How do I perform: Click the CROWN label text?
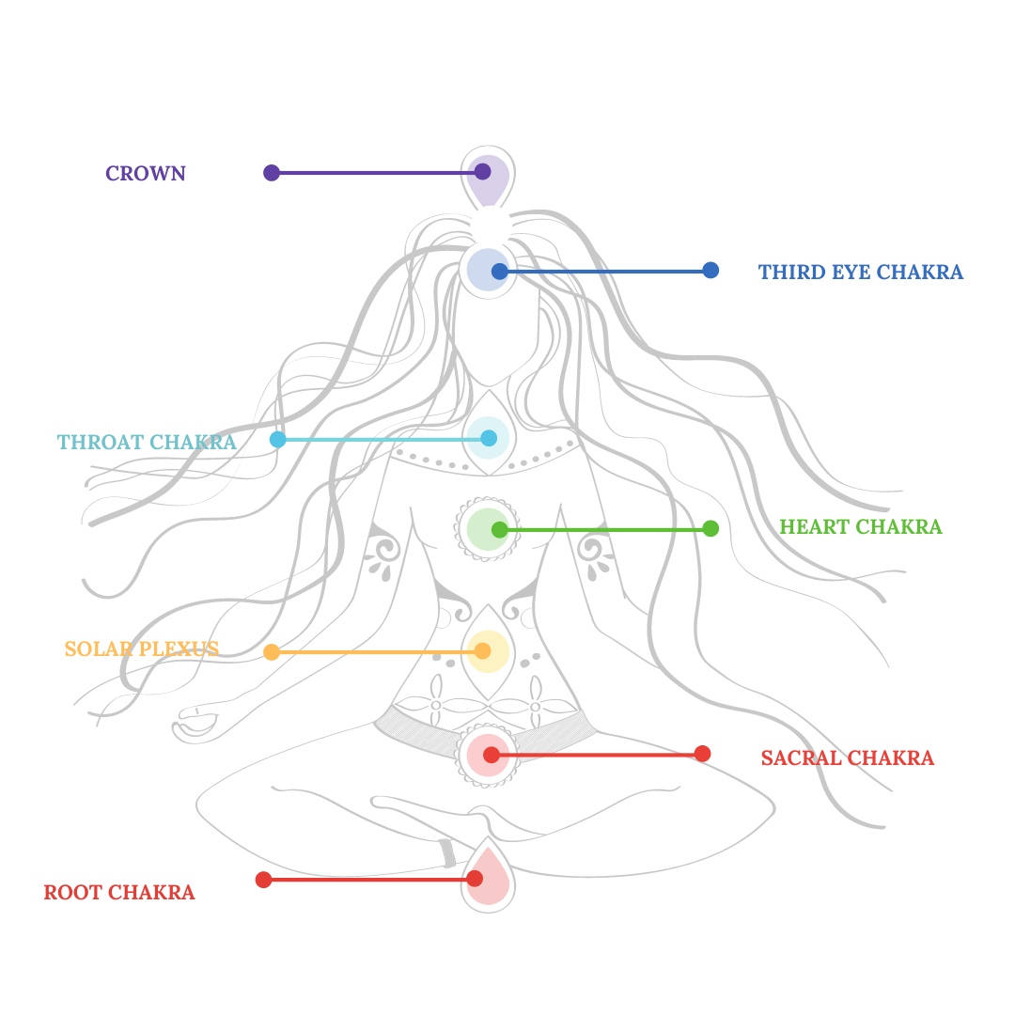(x=146, y=174)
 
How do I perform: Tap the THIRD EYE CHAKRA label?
(x=860, y=273)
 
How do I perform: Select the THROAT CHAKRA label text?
(x=147, y=443)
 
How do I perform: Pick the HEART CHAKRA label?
(x=860, y=527)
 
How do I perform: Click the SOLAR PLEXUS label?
(x=142, y=649)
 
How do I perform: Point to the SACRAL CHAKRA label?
(x=847, y=758)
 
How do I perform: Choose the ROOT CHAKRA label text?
(x=119, y=893)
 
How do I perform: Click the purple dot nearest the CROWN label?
(x=272, y=173)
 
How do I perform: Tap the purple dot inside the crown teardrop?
(x=482, y=171)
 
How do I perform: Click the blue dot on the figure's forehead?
(x=500, y=272)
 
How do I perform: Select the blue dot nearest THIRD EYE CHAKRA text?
(x=710, y=270)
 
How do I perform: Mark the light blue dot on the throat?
(x=489, y=438)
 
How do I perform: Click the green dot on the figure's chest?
(x=500, y=530)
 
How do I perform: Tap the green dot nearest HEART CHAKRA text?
(x=710, y=528)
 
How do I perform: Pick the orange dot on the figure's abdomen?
(x=482, y=651)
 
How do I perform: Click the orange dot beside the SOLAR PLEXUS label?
(x=272, y=652)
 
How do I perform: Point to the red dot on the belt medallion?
(x=492, y=755)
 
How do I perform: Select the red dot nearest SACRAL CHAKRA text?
(x=702, y=754)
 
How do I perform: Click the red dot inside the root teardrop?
(x=475, y=879)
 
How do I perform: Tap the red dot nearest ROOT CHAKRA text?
(x=264, y=880)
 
